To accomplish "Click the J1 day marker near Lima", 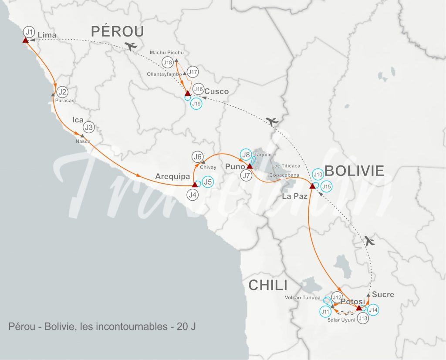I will click(29, 32).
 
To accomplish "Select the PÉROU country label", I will click(118, 31).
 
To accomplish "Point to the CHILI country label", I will click(268, 286).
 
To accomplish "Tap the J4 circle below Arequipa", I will click(193, 195).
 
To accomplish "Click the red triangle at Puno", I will click(250, 166).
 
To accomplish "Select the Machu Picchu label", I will click(167, 53).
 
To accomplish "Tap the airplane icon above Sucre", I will click(370, 240).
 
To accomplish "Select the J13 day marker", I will click(363, 319).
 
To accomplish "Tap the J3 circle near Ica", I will click(89, 127).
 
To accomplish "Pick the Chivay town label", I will click(208, 167).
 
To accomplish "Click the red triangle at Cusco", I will click(187, 93).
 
